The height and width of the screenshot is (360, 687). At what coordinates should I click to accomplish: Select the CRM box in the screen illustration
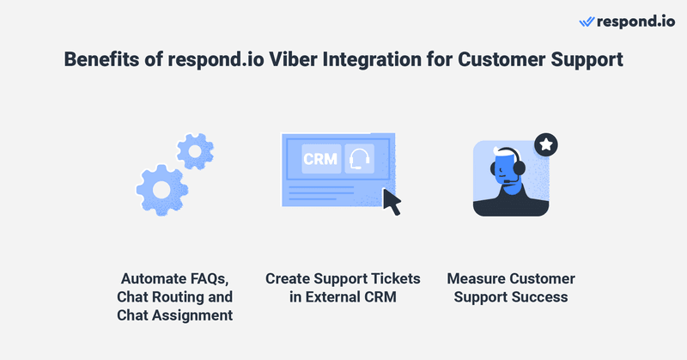coord(319,159)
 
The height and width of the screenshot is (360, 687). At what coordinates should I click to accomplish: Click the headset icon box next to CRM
coord(361,159)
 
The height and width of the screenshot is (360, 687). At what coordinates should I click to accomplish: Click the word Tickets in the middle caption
coord(394,279)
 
